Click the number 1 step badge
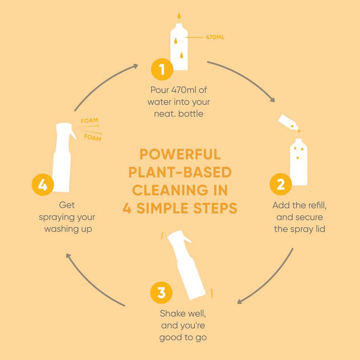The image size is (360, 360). coord(162,69)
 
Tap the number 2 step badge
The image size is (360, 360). coord(281,184)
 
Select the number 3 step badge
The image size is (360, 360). coord(161,293)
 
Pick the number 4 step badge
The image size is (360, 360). coord(43,185)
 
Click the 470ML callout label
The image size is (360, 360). coord(215,37)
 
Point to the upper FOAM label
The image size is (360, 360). coord(89,121)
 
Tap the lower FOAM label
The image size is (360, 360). coord(92,138)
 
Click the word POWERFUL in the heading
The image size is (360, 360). coord(180,154)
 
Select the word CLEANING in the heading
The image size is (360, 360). coord(180,190)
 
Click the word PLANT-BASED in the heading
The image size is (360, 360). coord(180,172)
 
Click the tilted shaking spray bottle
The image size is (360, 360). coord(187,265)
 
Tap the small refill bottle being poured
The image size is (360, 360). coord(288,122)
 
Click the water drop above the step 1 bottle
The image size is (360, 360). coord(179,16)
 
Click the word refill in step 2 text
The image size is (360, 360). coord(317,205)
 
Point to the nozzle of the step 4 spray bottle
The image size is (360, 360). coord(73,134)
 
